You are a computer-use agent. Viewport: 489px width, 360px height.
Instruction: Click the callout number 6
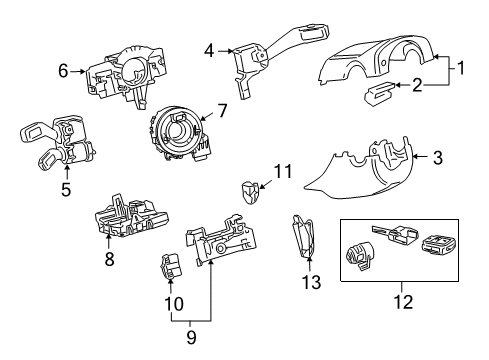pos(63,71)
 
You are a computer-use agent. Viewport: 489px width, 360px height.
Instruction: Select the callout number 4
pos(209,51)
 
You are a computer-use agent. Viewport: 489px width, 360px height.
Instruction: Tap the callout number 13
pos(311,282)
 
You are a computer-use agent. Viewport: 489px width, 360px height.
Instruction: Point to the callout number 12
pos(403,302)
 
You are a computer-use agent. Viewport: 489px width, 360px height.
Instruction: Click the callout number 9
pos(191,337)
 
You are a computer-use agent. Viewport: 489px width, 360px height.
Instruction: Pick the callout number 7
pos(223,110)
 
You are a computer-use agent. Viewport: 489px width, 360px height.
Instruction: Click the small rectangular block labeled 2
pos(379,93)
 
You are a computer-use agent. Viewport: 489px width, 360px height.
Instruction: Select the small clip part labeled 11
pos(249,192)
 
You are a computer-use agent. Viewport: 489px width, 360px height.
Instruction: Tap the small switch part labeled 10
pos(171,266)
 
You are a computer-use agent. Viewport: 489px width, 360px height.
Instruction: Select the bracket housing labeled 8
pos(131,216)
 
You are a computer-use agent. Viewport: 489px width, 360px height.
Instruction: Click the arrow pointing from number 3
pos(421,157)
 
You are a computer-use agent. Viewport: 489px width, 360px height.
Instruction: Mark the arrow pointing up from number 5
pos(67,172)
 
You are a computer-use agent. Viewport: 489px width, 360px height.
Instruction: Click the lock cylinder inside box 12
pos(360,256)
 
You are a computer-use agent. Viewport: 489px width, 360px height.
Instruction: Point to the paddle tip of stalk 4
pos(314,31)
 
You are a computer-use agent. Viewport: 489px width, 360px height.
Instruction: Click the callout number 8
pos(109,259)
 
